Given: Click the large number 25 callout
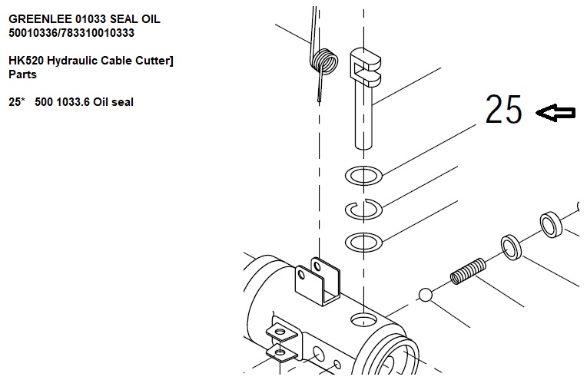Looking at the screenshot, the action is pyautogui.click(x=503, y=109).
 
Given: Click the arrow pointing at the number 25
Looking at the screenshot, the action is pyautogui.click(x=555, y=113).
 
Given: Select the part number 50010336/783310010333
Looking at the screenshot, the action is pyautogui.click(x=71, y=33).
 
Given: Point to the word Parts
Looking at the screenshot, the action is pyautogui.click(x=22, y=74).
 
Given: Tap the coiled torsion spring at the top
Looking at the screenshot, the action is pyautogui.click(x=324, y=61).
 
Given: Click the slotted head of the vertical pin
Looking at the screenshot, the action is pyautogui.click(x=365, y=65).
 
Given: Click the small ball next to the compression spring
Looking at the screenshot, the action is pyautogui.click(x=425, y=295).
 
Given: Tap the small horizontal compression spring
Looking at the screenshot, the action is pyautogui.click(x=468, y=271).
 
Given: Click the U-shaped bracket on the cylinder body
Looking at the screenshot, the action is pyautogui.click(x=318, y=281).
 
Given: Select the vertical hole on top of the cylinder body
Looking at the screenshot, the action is pyautogui.click(x=363, y=320).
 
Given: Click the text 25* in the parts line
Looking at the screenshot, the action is pyautogui.click(x=16, y=102).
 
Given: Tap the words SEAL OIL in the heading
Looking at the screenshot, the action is pyautogui.click(x=135, y=19).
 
